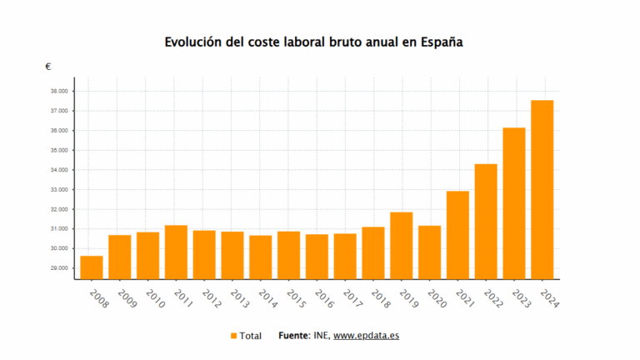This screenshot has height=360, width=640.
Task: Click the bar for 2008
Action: click(x=92, y=267)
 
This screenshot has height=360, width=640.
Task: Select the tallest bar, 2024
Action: click(x=542, y=189)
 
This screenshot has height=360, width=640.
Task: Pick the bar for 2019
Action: click(x=401, y=245)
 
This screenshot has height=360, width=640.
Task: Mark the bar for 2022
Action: click(x=486, y=221)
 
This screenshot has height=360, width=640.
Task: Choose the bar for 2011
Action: click(x=176, y=252)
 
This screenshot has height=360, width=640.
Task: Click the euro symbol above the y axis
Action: click(x=48, y=67)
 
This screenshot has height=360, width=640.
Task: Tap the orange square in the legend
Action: click(x=233, y=336)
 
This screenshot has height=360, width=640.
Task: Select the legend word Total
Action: click(x=250, y=336)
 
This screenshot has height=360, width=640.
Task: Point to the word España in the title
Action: click(x=439, y=42)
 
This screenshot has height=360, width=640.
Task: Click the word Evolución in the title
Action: click(x=192, y=41)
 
